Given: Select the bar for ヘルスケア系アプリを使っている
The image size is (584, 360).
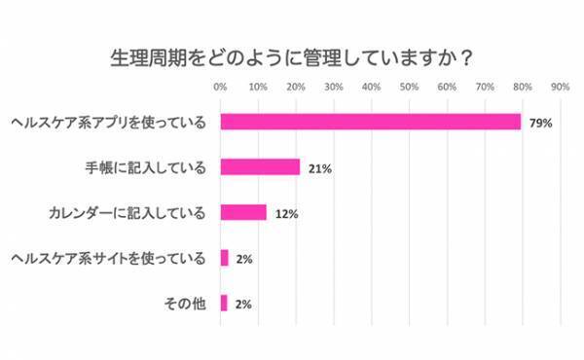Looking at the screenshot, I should click(371, 122).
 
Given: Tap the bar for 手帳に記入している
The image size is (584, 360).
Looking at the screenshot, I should click(260, 166).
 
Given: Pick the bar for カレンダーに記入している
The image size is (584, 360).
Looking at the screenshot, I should click(243, 212).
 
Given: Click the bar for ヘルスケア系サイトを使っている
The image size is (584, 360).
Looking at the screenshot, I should click(224, 258).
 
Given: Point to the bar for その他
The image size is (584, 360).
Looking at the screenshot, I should click(224, 303).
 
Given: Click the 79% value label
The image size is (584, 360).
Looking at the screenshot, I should click(541, 123).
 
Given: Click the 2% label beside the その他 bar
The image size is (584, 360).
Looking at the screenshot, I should click(244, 304).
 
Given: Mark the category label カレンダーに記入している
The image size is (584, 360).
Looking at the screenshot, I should click(128, 213).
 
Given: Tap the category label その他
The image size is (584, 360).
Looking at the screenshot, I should click(184, 304).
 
